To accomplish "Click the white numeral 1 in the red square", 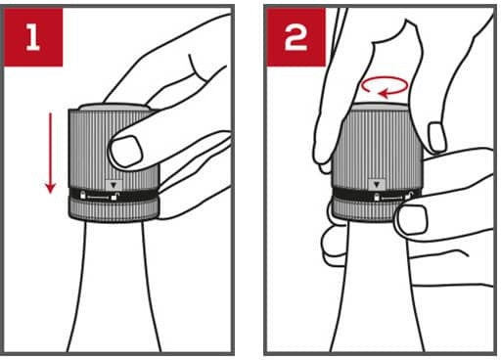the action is pyautogui.click(x=32, y=38).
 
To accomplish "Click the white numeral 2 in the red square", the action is pyautogui.click(x=296, y=38).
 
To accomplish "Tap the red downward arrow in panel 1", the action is pyautogui.click(x=50, y=154).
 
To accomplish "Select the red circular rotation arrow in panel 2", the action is pyautogui.click(x=385, y=87).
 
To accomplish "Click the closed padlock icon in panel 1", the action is pyautogui.click(x=83, y=195).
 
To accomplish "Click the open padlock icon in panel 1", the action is pyautogui.click(x=114, y=196).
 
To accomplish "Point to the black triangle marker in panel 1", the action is pyautogui.click(x=114, y=185).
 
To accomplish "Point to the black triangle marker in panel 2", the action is pyautogui.click(x=377, y=185).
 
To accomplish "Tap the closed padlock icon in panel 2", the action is pyautogui.click(x=377, y=197).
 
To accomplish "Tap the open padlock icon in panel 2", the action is pyautogui.click(x=408, y=196).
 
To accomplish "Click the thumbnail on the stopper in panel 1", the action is pyautogui.click(x=126, y=151).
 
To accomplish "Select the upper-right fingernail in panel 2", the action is pyautogui.click(x=437, y=137).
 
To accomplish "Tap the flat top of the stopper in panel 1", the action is pyautogui.click(x=114, y=108).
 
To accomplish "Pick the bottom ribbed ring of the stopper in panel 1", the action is pyautogui.click(x=114, y=209).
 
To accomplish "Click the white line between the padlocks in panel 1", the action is pyautogui.click(x=98, y=198).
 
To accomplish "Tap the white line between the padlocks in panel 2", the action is pyautogui.click(x=392, y=198).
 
